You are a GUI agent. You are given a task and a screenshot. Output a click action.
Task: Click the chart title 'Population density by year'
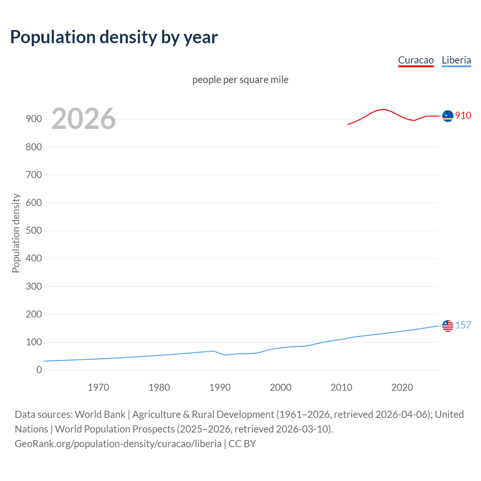coord(114,37)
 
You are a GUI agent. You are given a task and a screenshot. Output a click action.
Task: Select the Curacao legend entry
coord(416,60)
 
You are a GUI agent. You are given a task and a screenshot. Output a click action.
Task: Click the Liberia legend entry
coord(456,60)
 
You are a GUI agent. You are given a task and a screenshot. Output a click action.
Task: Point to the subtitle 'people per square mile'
coord(240,80)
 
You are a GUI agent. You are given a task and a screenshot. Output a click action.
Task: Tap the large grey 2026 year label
coord(83,119)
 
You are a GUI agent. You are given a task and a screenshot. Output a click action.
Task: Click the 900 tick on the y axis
coord(34,119)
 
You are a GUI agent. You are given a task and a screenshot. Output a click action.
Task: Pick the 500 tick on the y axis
coord(34,230)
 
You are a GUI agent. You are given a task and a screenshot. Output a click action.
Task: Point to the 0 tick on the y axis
coord(39,370)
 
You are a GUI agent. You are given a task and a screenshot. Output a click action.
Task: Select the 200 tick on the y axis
coord(34,314)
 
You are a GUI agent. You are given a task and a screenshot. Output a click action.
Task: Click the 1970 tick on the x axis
coord(98,387)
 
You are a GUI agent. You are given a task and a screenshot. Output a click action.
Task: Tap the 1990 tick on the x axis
coord(220,387)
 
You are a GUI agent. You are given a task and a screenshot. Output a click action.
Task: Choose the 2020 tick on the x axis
coord(402,387)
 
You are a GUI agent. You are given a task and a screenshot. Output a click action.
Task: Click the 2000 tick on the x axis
coord(281,387)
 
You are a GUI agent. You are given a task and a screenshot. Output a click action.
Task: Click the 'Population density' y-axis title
coord(16,233)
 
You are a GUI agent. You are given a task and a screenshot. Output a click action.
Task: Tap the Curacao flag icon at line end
coord(448,116)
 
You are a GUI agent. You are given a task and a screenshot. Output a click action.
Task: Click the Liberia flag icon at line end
coord(448,326)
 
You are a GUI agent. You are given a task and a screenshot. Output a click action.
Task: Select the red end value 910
coord(463,115)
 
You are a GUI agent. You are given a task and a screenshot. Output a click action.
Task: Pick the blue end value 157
coord(463,325)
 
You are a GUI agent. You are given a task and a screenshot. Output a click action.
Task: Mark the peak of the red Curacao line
coord(383,109)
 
